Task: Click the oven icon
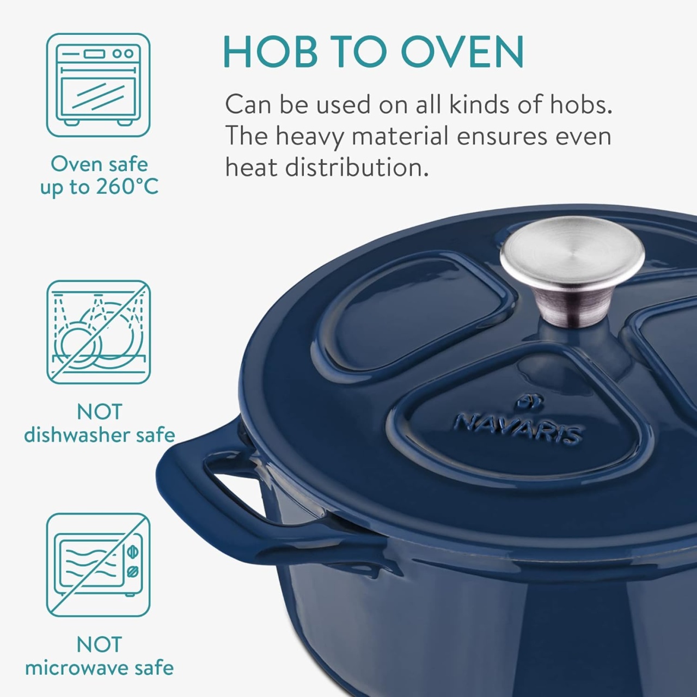[98, 85]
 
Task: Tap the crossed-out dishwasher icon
[99, 332]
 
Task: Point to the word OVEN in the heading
[462, 51]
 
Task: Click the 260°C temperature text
[127, 187]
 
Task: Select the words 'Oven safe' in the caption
[99, 164]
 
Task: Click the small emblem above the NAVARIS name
[528, 404]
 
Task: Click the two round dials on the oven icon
[123, 53]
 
